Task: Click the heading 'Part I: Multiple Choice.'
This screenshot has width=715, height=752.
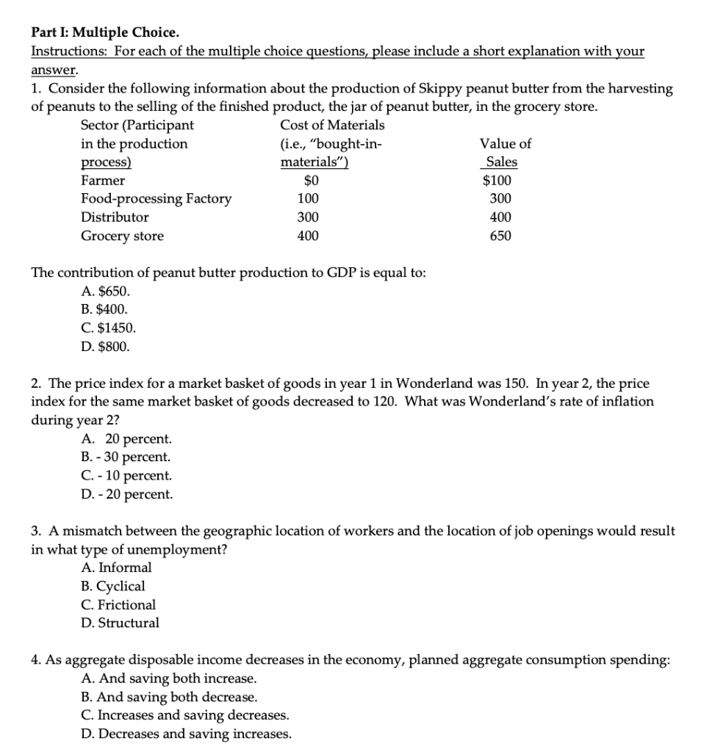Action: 104,33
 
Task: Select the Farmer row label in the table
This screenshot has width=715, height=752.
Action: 102,180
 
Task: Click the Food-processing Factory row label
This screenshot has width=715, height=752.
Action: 155,198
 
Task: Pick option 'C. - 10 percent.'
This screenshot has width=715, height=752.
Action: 126,476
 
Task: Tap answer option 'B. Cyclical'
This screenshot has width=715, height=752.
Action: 113,586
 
